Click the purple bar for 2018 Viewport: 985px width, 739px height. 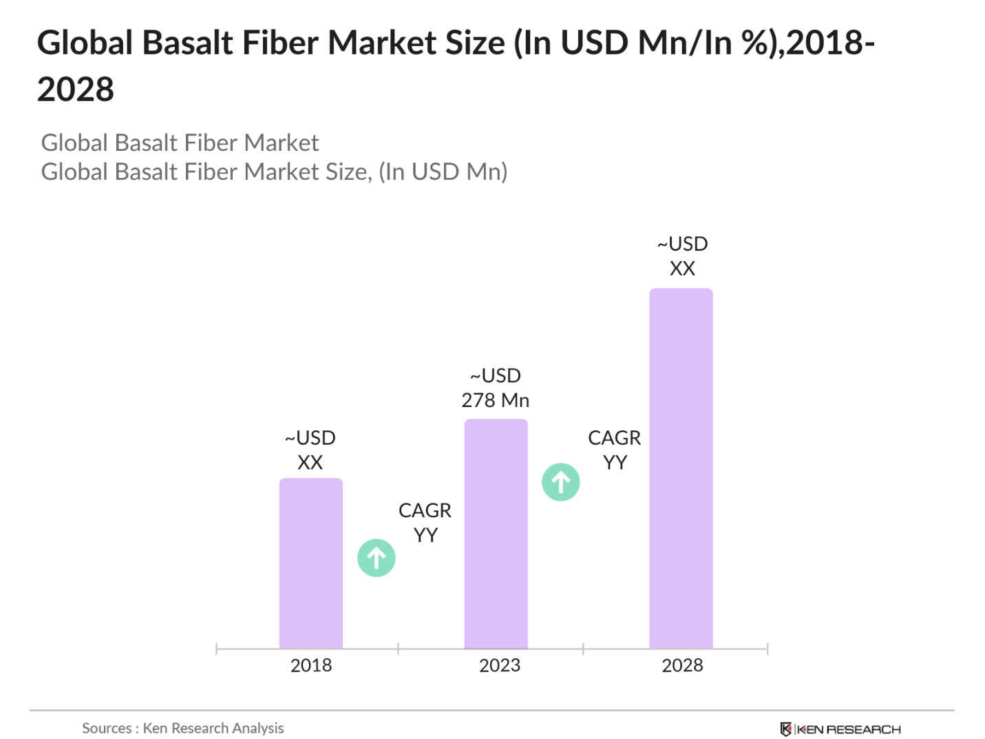tap(310, 563)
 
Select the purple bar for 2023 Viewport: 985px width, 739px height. tap(496, 534)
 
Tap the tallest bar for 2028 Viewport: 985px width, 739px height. tap(681, 468)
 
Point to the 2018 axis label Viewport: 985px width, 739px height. tap(310, 665)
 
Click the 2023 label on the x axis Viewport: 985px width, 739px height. tap(499, 665)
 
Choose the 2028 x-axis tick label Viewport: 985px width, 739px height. tap(682, 665)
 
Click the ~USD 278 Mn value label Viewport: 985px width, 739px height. tap(495, 388)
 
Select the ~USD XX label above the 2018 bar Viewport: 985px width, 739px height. tap(310, 450)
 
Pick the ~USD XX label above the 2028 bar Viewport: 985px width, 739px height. tap(682, 256)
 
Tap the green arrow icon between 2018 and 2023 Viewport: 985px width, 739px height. tap(376, 558)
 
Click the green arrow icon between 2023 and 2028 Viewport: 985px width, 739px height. tap(560, 482)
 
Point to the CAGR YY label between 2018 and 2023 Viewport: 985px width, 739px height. tap(425, 523)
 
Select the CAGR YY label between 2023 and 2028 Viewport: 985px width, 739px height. tap(614, 450)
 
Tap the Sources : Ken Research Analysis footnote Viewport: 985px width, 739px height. tap(182, 728)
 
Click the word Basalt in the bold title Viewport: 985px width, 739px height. tap(186, 43)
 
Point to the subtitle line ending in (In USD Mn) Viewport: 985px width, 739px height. tap(274, 171)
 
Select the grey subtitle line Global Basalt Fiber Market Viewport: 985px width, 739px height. tap(180, 143)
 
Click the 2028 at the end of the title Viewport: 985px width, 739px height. tap(76, 90)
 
